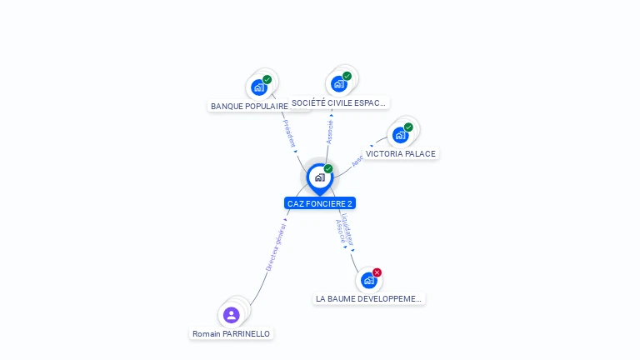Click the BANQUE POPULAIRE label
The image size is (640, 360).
tap(249, 107)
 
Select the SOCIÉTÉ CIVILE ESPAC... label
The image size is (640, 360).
tap(339, 103)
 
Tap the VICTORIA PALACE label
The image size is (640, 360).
tap(400, 154)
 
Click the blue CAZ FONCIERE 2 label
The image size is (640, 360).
tap(320, 203)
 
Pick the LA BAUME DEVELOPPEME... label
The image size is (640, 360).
tap(369, 298)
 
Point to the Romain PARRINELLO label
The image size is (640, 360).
tap(231, 333)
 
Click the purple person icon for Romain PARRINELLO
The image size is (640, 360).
tap(232, 315)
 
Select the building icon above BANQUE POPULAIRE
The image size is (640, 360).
tap(259, 87)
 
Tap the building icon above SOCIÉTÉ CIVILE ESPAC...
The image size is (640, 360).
tap(338, 84)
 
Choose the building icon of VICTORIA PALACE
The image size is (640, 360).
tap(400, 135)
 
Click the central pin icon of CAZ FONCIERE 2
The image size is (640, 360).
tap(319, 177)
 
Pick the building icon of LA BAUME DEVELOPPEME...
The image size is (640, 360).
tap(368, 281)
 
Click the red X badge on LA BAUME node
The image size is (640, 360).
tap(377, 272)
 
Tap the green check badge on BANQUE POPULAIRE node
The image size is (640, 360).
tap(267, 80)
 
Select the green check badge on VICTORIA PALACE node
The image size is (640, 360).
tap(408, 127)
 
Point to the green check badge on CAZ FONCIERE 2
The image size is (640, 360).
tap(328, 169)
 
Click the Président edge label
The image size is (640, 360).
tap(289, 133)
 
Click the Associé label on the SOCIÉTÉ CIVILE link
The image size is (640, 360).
tap(330, 132)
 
